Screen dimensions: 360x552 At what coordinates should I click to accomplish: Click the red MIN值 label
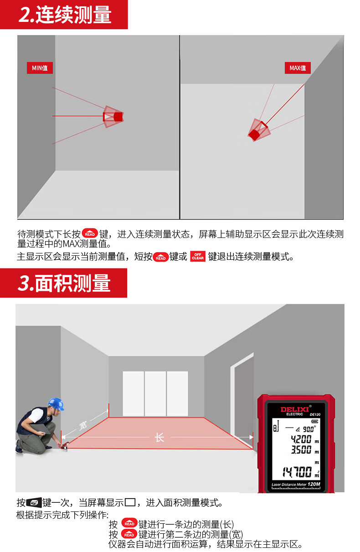point(40,68)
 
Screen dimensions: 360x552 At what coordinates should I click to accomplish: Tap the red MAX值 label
point(298,68)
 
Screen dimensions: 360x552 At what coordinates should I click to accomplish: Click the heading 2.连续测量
point(65,15)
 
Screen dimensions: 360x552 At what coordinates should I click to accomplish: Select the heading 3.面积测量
point(64,283)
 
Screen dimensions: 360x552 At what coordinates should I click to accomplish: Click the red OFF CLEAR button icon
point(198,257)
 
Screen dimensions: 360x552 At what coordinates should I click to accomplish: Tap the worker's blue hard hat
point(56,404)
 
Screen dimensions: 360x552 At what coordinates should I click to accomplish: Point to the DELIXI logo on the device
point(295,409)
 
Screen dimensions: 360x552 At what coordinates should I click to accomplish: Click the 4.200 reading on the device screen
point(301,439)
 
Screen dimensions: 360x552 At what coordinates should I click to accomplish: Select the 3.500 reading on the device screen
point(301,449)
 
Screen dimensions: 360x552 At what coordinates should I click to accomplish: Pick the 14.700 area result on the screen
point(297,472)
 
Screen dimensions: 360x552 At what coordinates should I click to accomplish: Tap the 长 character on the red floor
point(159,438)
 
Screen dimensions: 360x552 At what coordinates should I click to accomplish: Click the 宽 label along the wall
point(83,425)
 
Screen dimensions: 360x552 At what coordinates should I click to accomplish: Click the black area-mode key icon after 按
point(34,503)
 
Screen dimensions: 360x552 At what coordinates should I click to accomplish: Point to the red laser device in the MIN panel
point(113,117)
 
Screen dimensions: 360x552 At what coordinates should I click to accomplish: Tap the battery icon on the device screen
point(315,421)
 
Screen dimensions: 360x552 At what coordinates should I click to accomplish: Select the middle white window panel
point(155,393)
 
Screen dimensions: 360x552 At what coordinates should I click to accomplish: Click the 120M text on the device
point(314,484)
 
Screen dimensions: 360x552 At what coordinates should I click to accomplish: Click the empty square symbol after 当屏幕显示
point(130,502)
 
